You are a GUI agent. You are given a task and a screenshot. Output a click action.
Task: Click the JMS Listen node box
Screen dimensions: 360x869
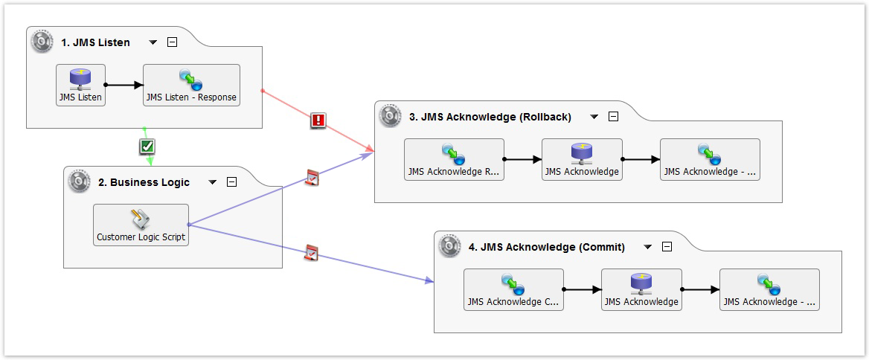point(80,85)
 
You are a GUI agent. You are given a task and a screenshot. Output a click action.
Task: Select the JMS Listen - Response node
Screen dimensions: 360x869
point(191,85)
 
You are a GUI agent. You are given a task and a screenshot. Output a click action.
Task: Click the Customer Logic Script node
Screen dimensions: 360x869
point(141,225)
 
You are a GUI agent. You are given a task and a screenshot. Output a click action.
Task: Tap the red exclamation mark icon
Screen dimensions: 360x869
point(318,120)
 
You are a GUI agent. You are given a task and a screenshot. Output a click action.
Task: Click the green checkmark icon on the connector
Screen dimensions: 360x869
point(147,147)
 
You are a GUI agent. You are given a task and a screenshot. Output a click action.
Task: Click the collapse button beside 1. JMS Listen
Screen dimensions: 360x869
point(173,42)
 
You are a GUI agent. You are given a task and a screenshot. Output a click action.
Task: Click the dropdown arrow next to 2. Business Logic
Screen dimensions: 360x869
point(213,182)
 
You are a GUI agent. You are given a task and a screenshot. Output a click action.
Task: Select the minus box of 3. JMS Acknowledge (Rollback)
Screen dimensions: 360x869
point(613,117)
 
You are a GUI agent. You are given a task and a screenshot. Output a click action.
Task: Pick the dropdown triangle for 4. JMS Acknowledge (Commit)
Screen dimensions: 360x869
point(647,247)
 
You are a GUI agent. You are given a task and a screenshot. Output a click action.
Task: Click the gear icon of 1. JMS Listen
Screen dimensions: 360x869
point(42,42)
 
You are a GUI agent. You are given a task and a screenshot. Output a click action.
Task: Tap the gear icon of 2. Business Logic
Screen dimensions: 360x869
point(80,181)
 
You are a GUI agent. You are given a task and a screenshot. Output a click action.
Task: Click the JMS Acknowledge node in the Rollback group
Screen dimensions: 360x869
point(581,159)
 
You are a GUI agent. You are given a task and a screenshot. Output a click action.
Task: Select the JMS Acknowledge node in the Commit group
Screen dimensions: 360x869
point(641,289)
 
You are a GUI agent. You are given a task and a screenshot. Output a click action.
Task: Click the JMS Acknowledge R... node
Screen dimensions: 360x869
point(454,159)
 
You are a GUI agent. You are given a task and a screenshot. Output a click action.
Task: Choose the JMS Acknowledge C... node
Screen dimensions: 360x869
point(513,289)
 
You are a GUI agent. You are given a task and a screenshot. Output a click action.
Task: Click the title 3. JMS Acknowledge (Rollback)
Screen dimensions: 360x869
point(490,117)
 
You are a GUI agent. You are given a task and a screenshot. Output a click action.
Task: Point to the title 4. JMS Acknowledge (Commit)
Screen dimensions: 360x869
point(546,247)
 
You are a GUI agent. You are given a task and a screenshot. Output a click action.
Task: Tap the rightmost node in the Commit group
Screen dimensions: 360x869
point(769,289)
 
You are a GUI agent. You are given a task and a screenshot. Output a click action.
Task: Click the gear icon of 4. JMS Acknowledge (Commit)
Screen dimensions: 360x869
point(450,246)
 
